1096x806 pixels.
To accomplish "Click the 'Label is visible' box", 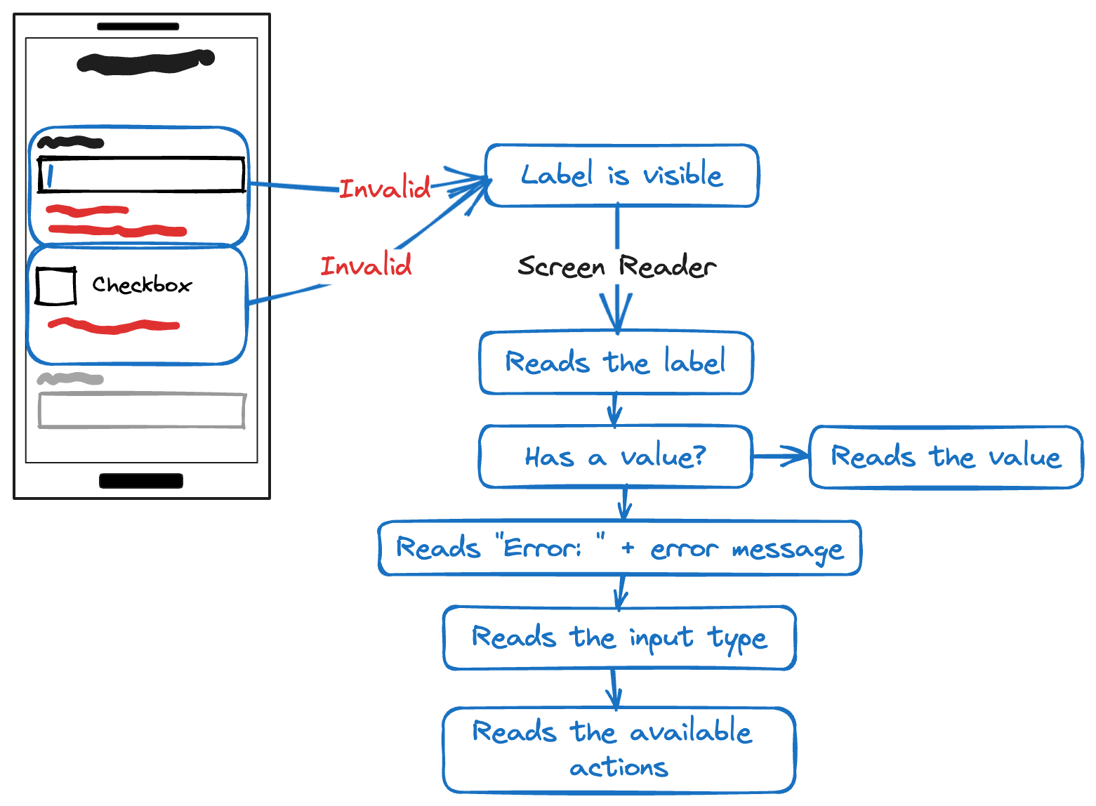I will pyautogui.click(x=621, y=176).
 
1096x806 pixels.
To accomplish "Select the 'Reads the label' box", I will pyautogui.click(x=616, y=362).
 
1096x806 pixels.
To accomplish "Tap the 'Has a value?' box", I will pyautogui.click(x=615, y=456).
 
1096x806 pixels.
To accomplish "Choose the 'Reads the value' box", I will pyautogui.click(x=946, y=457).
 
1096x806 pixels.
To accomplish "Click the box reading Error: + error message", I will pyautogui.click(x=619, y=548).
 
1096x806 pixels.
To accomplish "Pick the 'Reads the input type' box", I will pyautogui.click(x=619, y=637).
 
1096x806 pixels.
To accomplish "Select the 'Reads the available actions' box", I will pyautogui.click(x=619, y=750).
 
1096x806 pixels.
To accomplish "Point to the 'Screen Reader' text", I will pyautogui.click(x=616, y=267).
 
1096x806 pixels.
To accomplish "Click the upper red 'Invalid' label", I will pyautogui.click(x=385, y=189).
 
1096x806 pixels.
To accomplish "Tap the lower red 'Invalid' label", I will pyautogui.click(x=366, y=266).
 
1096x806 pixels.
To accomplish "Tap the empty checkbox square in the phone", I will pyautogui.click(x=56, y=286).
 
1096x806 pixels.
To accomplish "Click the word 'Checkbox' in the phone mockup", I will pyautogui.click(x=142, y=285).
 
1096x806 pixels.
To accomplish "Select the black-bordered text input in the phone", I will pyautogui.click(x=141, y=175).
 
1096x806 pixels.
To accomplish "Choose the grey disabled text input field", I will pyautogui.click(x=141, y=411).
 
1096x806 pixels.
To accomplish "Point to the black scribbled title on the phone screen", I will pyautogui.click(x=145, y=61).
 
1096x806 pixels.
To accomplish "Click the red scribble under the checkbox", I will pyautogui.click(x=114, y=326).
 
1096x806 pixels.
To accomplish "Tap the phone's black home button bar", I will pyautogui.click(x=141, y=481).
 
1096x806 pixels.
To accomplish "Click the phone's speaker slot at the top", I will pyautogui.click(x=138, y=27).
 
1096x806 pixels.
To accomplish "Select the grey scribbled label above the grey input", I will pyautogui.click(x=70, y=379).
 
